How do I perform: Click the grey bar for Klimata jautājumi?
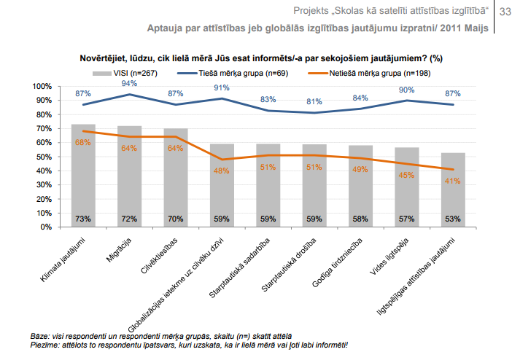tap(82, 175)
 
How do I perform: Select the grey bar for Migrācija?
tap(129, 176)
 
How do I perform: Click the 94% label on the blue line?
tap(129, 84)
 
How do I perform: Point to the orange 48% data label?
tap(222, 171)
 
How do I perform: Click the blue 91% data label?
tap(222, 88)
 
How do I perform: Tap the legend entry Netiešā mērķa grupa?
tap(375, 74)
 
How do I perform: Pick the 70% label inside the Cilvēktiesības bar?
tap(175, 219)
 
